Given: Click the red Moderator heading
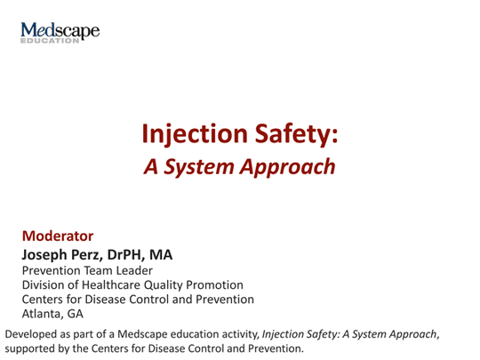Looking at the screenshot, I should tap(57, 236).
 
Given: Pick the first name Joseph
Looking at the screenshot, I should tap(48, 254).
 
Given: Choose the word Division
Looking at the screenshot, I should tap(44, 284).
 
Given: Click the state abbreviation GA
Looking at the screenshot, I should tap(76, 314).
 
